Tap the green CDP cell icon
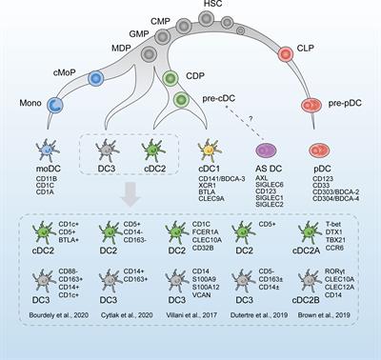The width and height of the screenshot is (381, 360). [171, 78]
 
